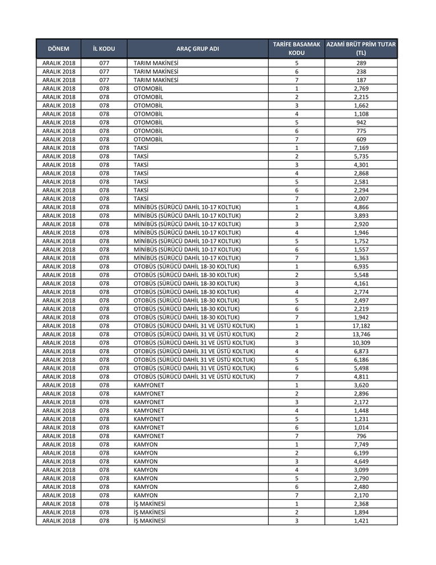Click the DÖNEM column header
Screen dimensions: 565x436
[58, 48]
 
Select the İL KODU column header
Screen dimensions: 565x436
[104, 48]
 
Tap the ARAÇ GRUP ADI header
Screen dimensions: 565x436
[198, 48]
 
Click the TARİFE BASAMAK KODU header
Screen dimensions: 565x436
[296, 48]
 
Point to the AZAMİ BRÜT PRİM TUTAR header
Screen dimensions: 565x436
[361, 48]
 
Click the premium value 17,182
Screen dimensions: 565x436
[361, 326]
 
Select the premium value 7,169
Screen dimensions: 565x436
[361, 147]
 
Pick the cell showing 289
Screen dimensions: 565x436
[361, 63]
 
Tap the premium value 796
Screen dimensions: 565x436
[361, 436]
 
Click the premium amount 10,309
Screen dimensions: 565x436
[361, 343]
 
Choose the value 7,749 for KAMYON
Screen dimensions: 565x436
[361, 445]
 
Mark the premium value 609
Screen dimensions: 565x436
[361, 139]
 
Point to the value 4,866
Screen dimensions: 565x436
[361, 206]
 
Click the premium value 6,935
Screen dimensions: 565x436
[361, 267]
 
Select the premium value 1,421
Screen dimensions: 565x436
[361, 521]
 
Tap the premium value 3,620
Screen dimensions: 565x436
[361, 385]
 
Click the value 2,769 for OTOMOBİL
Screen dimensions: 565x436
[361, 89]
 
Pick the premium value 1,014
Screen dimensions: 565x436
[361, 427]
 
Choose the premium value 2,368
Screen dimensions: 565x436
[361, 504]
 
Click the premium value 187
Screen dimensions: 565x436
[361, 80]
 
